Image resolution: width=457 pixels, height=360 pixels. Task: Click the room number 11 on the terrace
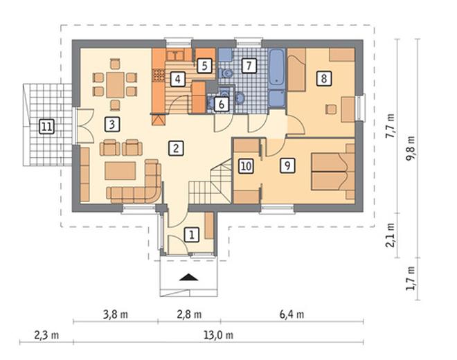click(x=46, y=127)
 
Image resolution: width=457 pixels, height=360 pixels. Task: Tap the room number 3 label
click(x=112, y=125)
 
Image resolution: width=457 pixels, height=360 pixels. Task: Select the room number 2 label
click(x=176, y=148)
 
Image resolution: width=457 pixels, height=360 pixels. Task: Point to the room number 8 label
click(x=324, y=78)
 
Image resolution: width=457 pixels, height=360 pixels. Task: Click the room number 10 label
click(x=247, y=166)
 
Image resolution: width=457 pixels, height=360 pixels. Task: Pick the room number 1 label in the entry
click(x=192, y=235)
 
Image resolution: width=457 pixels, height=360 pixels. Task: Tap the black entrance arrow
click(x=189, y=278)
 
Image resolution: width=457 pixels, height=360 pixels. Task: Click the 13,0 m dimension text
click(x=219, y=335)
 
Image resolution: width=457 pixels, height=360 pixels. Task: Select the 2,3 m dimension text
click(x=46, y=335)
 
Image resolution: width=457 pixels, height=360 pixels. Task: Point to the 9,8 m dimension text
click(x=410, y=149)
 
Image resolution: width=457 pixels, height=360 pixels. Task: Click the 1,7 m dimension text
click(x=410, y=278)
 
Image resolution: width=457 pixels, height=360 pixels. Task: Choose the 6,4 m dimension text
click(x=292, y=314)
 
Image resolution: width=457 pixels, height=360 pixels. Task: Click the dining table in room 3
click(x=116, y=85)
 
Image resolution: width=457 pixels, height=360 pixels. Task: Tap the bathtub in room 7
click(x=276, y=68)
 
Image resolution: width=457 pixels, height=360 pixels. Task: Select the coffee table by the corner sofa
click(x=120, y=171)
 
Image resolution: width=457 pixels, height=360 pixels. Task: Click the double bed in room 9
click(x=332, y=172)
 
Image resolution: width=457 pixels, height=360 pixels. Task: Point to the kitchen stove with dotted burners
click(x=159, y=75)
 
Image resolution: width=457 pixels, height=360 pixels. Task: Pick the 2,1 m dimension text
click(x=390, y=235)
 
